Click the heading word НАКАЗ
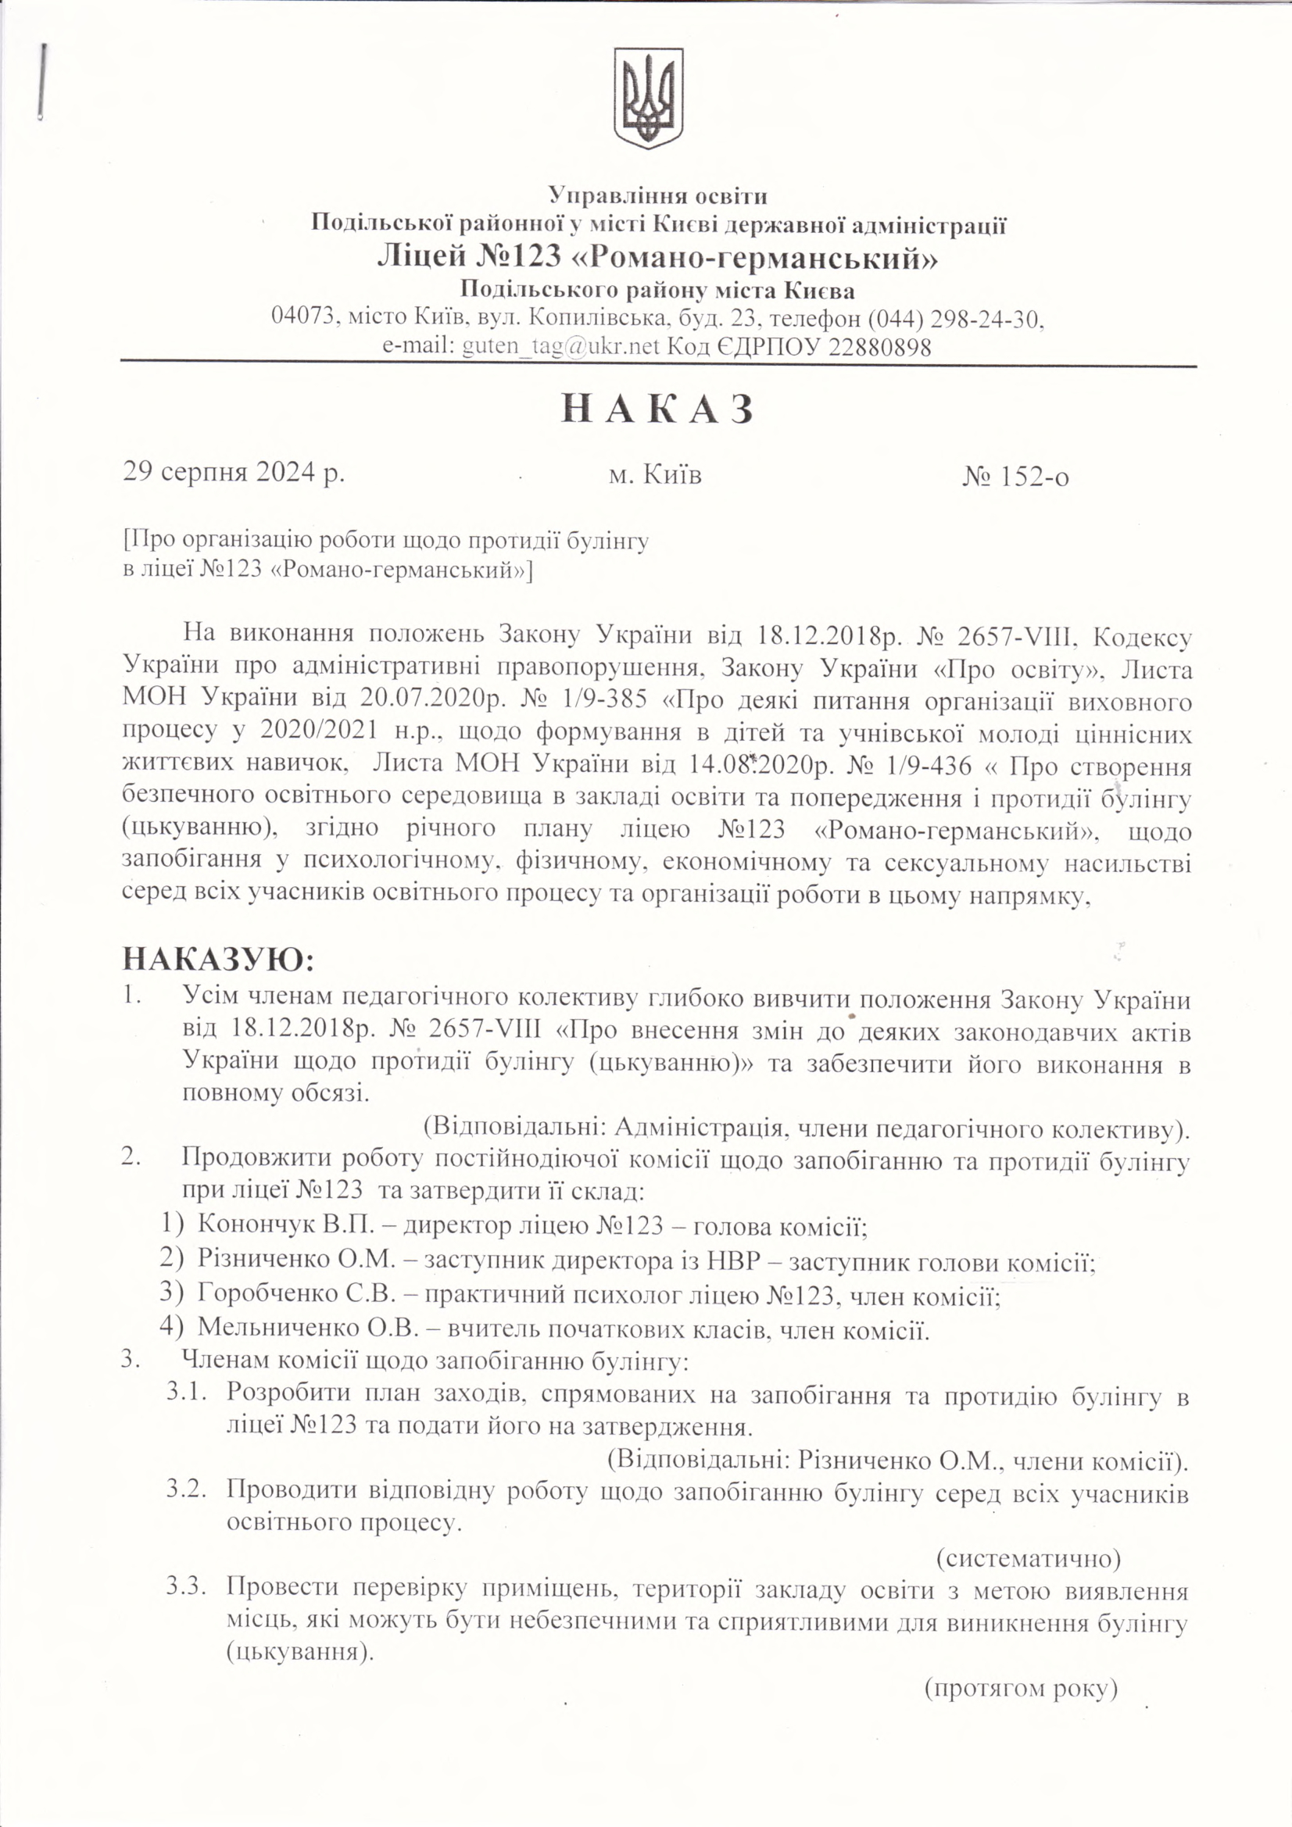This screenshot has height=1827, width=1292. tap(657, 410)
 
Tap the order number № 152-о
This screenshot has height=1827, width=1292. tap(1016, 475)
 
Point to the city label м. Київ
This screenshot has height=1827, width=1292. tap(654, 475)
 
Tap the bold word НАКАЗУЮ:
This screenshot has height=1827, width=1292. tap(218, 960)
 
